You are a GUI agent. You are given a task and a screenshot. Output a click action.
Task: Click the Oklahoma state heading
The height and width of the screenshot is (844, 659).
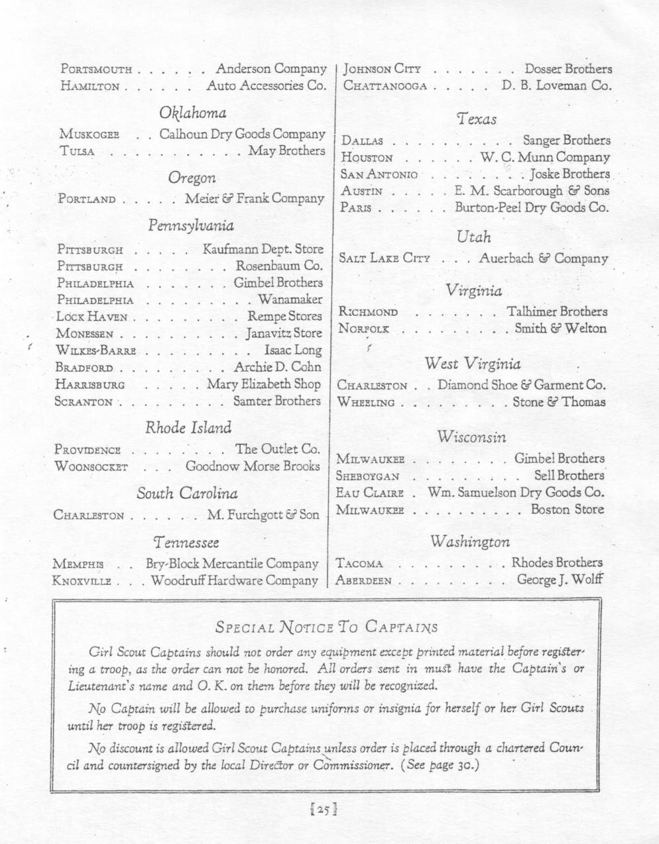[192, 113]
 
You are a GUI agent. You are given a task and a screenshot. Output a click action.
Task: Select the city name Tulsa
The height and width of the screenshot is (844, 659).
[77, 152]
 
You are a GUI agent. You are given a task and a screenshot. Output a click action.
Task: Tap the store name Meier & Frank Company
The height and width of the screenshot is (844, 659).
[255, 198]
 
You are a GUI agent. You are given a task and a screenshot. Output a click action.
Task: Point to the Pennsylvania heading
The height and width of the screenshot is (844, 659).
[190, 225]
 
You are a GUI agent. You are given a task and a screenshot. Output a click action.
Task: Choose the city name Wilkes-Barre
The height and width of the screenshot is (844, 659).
[95, 350]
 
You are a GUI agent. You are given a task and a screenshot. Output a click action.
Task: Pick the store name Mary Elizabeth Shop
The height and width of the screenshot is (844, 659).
[264, 384]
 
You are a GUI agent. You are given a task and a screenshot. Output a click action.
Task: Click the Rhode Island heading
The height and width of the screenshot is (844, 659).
[188, 427]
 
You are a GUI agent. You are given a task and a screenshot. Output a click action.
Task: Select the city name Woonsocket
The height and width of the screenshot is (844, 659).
[91, 467]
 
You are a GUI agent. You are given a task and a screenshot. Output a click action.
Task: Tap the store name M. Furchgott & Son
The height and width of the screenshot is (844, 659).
[263, 515]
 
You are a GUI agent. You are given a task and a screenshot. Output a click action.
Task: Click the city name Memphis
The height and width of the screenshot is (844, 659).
[78, 564]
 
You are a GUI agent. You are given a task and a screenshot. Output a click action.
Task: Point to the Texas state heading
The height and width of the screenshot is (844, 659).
[476, 119]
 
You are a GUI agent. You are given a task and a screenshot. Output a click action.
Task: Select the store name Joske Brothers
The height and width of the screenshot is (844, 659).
[569, 174]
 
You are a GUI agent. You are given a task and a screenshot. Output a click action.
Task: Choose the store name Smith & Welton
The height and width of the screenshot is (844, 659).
[560, 328]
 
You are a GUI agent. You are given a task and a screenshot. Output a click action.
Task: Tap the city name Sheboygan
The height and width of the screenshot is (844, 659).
[367, 476]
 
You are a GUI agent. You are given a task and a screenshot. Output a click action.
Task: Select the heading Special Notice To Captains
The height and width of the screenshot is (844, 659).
[327, 626]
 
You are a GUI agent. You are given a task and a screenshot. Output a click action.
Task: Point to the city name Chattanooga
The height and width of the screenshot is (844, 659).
[385, 86]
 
